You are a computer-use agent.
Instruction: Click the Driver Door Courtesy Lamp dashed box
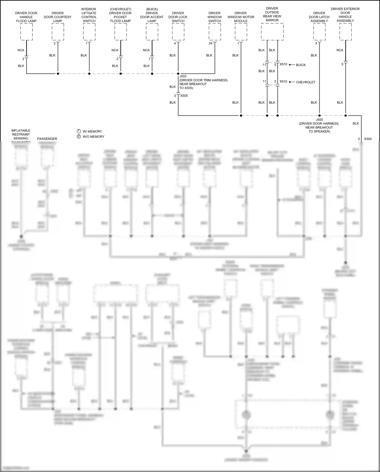[58, 32]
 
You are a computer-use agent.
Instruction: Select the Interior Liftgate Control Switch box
[89, 32]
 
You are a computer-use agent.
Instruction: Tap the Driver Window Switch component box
[215, 32]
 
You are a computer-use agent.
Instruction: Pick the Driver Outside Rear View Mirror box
[272, 32]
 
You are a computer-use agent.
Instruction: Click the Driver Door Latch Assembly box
[319, 32]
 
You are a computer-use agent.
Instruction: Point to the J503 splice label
[183, 76]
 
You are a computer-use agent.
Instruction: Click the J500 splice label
[319, 120]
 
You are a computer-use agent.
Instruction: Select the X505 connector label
[184, 96]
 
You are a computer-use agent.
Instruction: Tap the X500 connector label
[368, 139]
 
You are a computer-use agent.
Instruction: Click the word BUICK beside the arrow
[301, 65]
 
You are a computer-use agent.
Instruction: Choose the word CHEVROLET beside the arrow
[306, 82]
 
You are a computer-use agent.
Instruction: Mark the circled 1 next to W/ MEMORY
[79, 131]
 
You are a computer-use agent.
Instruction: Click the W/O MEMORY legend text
[93, 137]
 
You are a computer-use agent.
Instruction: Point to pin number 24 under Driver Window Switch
[211, 43]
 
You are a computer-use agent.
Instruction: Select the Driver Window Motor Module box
[241, 32]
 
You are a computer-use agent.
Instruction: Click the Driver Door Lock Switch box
[178, 32]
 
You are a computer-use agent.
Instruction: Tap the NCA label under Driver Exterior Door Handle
[340, 50]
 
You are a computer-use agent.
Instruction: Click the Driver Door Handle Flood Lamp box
[26, 32]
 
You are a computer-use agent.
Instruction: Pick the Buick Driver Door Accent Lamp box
[152, 32]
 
